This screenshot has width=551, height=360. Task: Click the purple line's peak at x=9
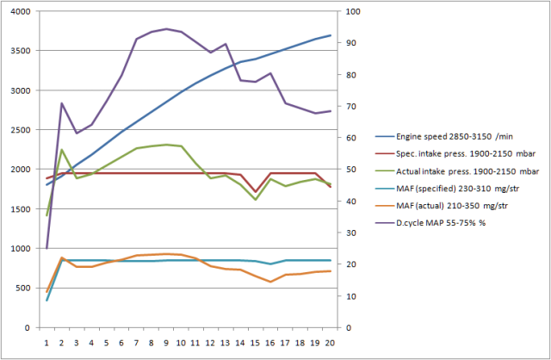[x=166, y=28]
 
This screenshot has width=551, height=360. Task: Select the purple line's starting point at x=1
[x=46, y=248]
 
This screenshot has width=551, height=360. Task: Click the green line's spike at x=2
[x=62, y=150]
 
